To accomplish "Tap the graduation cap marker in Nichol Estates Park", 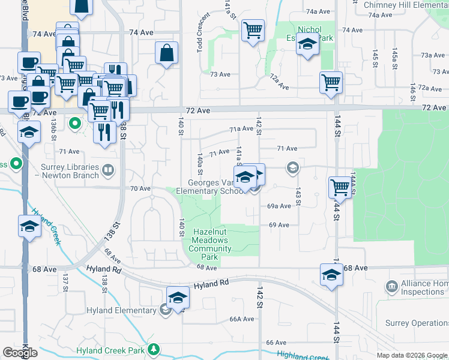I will pos(307,44).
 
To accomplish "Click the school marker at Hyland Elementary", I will pos(178,298).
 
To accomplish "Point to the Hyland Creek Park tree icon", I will pos(154,349).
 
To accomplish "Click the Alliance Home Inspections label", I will pos(424,288).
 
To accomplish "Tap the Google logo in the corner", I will pos(20,353).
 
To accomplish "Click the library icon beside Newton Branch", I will pos(108,170).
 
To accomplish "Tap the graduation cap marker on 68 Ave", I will pos(331,275).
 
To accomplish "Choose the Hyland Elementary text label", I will pos(121,310).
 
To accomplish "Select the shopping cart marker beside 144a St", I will pos(340,187).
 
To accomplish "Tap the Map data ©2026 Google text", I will pos(412,355).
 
